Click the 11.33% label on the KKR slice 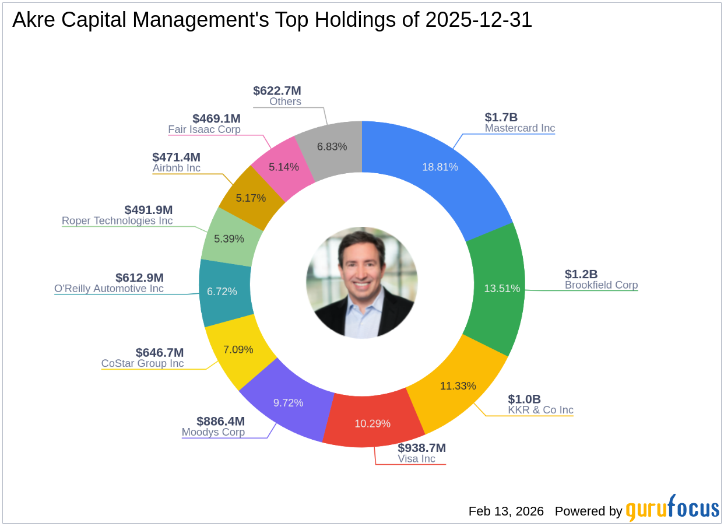458,385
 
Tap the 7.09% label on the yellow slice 238,350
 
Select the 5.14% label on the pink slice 284,167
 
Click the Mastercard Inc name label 519,128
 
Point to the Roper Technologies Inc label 117,221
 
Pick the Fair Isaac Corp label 204,129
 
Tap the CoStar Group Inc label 142,363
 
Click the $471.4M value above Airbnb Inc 176,157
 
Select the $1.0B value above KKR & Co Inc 524,399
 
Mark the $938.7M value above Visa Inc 421,448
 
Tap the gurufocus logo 672,509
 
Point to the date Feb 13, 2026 506,511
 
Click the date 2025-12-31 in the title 479,20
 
